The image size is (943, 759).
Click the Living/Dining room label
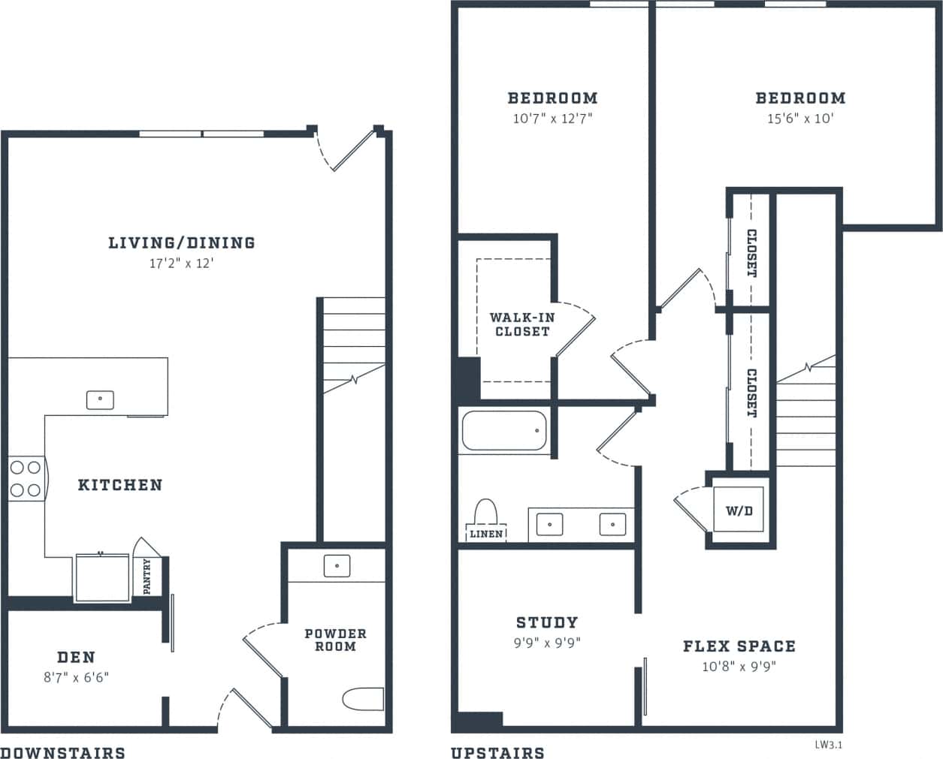coord(181,242)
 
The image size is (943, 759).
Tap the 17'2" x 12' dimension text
coord(181,264)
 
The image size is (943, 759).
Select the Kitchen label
coord(120,485)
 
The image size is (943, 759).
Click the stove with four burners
coord(26,479)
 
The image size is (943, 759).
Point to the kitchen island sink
coord(100,399)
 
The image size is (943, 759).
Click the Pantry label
coord(147,576)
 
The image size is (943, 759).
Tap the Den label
coord(77,657)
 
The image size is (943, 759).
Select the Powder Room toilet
coord(364,699)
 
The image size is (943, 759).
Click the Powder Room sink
coord(337,565)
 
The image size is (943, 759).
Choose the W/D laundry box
coord(738,511)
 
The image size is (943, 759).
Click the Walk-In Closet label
coord(521,324)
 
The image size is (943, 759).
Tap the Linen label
coord(486,534)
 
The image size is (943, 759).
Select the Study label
coord(547,622)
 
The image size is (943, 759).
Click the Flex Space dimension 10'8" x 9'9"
coord(739,667)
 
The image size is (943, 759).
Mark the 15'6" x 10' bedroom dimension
coord(800,119)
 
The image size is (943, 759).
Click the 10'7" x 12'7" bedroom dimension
coord(552,119)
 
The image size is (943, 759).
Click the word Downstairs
coord(62,752)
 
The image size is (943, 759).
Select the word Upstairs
coord(497,752)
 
